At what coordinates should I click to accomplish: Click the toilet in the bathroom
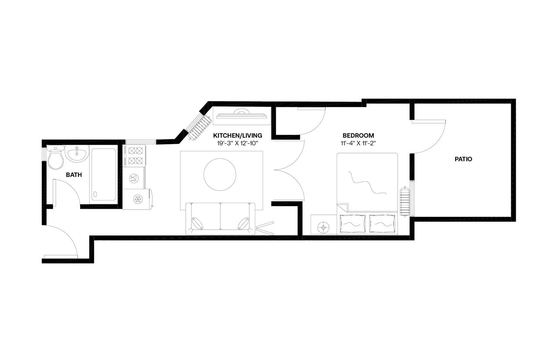coord(55,159)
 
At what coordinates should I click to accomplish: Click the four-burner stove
coord(134,156)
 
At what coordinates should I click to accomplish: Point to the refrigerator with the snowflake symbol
coord(138,199)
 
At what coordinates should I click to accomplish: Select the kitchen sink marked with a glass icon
coord(134,178)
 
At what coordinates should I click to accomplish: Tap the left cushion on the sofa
coord(197,223)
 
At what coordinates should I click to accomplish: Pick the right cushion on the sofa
coord(243,223)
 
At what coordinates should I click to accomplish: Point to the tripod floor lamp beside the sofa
coord(265,227)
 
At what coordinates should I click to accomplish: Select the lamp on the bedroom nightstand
coord(323,226)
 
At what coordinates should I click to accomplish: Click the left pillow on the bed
coord(352,224)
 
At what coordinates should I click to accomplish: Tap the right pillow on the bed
coord(383,224)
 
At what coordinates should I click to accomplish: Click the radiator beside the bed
coord(405,201)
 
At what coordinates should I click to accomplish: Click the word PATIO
coord(463,159)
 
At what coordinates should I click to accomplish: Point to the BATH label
coord(74,175)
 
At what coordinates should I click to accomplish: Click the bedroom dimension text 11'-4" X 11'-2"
coord(358,143)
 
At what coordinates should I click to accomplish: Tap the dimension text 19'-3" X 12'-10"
coord(238,143)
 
